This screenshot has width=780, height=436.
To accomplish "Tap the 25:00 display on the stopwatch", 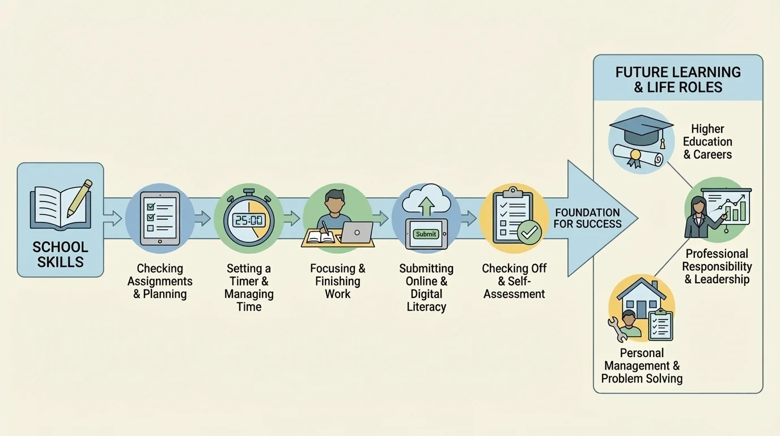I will coord(249,220).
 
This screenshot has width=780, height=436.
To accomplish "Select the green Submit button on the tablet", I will coord(426,233).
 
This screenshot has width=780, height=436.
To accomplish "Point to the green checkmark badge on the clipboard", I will coord(530,233).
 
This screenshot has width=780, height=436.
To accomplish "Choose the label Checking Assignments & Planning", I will coord(160,281).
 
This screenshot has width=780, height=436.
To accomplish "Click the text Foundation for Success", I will coord(587,218).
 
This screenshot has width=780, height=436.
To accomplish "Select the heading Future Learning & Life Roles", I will coord(678,79).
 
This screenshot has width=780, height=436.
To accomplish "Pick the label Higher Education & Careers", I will coord(707,142).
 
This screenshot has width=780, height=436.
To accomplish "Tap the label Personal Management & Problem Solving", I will coord(642,366).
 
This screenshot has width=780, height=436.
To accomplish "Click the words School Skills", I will coord(60,254).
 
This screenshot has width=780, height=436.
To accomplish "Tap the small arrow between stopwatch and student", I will coord(292,218).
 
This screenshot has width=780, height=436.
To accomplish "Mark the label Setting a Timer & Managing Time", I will coord(249,287).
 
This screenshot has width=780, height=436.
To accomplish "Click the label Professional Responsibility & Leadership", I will coord(717,266).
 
